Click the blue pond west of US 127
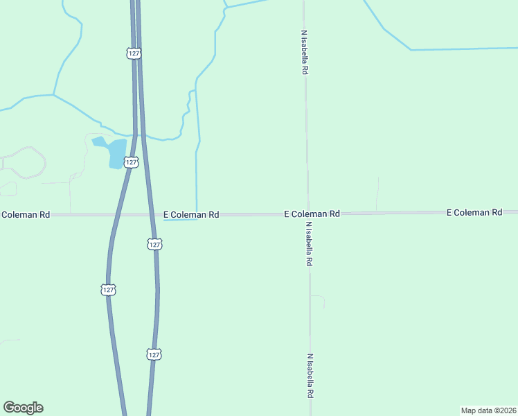click(x=115, y=153)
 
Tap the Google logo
click(x=23, y=408)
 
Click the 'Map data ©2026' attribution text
click(x=488, y=410)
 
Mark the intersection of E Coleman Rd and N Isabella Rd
click(x=307, y=214)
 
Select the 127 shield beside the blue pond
click(x=131, y=162)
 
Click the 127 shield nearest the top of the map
click(x=134, y=53)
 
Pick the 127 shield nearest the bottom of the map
click(x=154, y=354)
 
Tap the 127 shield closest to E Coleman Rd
click(x=154, y=244)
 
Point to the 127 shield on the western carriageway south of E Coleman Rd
click(x=108, y=289)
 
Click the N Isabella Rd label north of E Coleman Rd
click(x=304, y=52)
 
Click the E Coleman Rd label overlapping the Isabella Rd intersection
click(x=312, y=214)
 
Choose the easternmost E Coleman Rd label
click(x=474, y=211)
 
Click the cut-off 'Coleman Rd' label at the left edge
click(x=25, y=215)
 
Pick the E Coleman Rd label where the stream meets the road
click(x=191, y=215)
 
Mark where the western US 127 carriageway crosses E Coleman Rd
click(x=116, y=215)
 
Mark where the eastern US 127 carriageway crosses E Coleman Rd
click(x=152, y=215)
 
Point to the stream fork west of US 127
click(x=54, y=94)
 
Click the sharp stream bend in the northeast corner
click(x=411, y=50)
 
